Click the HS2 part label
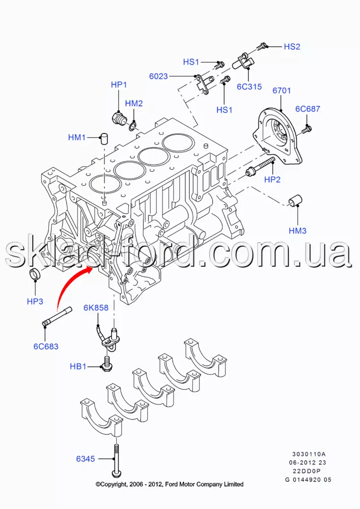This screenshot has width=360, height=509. [292, 46]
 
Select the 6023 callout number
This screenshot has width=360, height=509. [158, 76]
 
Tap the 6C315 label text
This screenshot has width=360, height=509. [249, 87]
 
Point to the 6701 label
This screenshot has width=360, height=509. [282, 91]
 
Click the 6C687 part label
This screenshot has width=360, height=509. [308, 108]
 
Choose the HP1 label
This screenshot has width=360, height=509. [119, 84]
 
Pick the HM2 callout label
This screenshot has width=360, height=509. [134, 103]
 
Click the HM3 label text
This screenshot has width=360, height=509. [297, 231]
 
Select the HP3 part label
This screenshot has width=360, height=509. [35, 301]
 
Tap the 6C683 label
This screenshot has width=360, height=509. [46, 347]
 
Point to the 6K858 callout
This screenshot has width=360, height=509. [97, 308]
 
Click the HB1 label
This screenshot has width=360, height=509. [78, 366]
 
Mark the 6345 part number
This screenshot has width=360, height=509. [86, 459]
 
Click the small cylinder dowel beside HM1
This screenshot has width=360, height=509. [105, 137]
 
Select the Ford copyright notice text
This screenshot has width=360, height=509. [170, 484]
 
